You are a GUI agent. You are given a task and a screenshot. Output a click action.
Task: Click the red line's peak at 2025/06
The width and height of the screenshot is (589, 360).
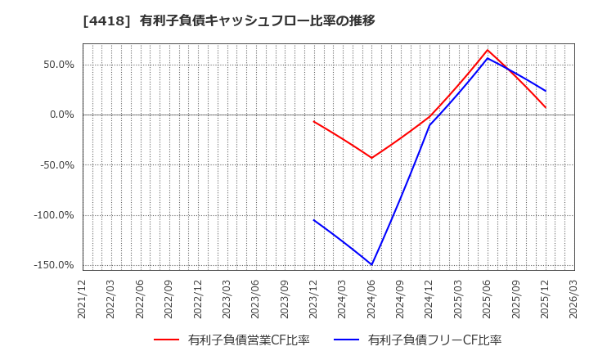488,50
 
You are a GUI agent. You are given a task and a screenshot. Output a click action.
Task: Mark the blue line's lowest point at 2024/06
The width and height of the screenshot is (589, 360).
372,264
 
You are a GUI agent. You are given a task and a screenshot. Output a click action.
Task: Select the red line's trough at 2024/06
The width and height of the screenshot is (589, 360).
372,158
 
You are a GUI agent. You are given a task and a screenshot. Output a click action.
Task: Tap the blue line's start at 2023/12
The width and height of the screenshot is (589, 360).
314,220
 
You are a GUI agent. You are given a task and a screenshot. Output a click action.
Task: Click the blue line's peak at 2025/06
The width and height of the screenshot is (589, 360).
488,58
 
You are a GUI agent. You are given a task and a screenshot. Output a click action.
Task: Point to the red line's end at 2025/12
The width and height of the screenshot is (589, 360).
546,107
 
